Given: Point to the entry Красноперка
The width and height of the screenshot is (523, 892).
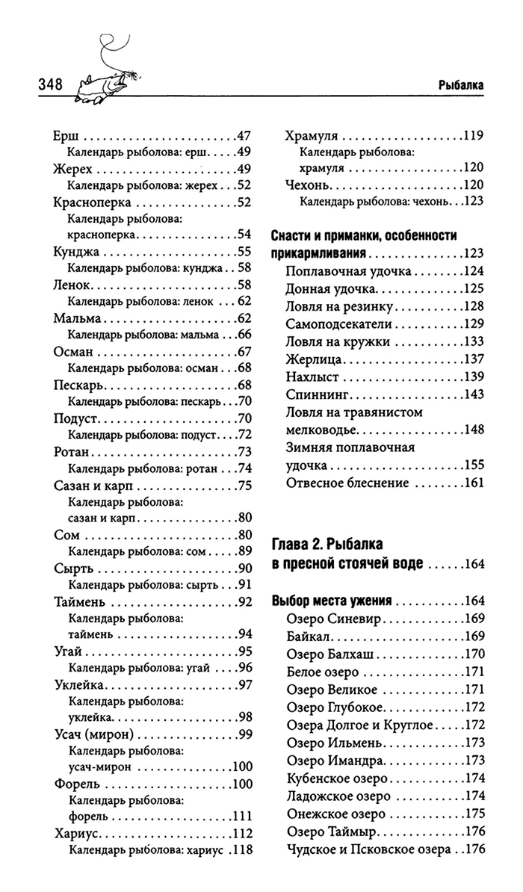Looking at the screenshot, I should (x=93, y=202).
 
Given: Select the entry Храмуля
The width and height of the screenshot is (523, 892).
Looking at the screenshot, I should (x=312, y=137).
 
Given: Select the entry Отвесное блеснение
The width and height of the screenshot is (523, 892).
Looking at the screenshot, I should (x=347, y=483).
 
